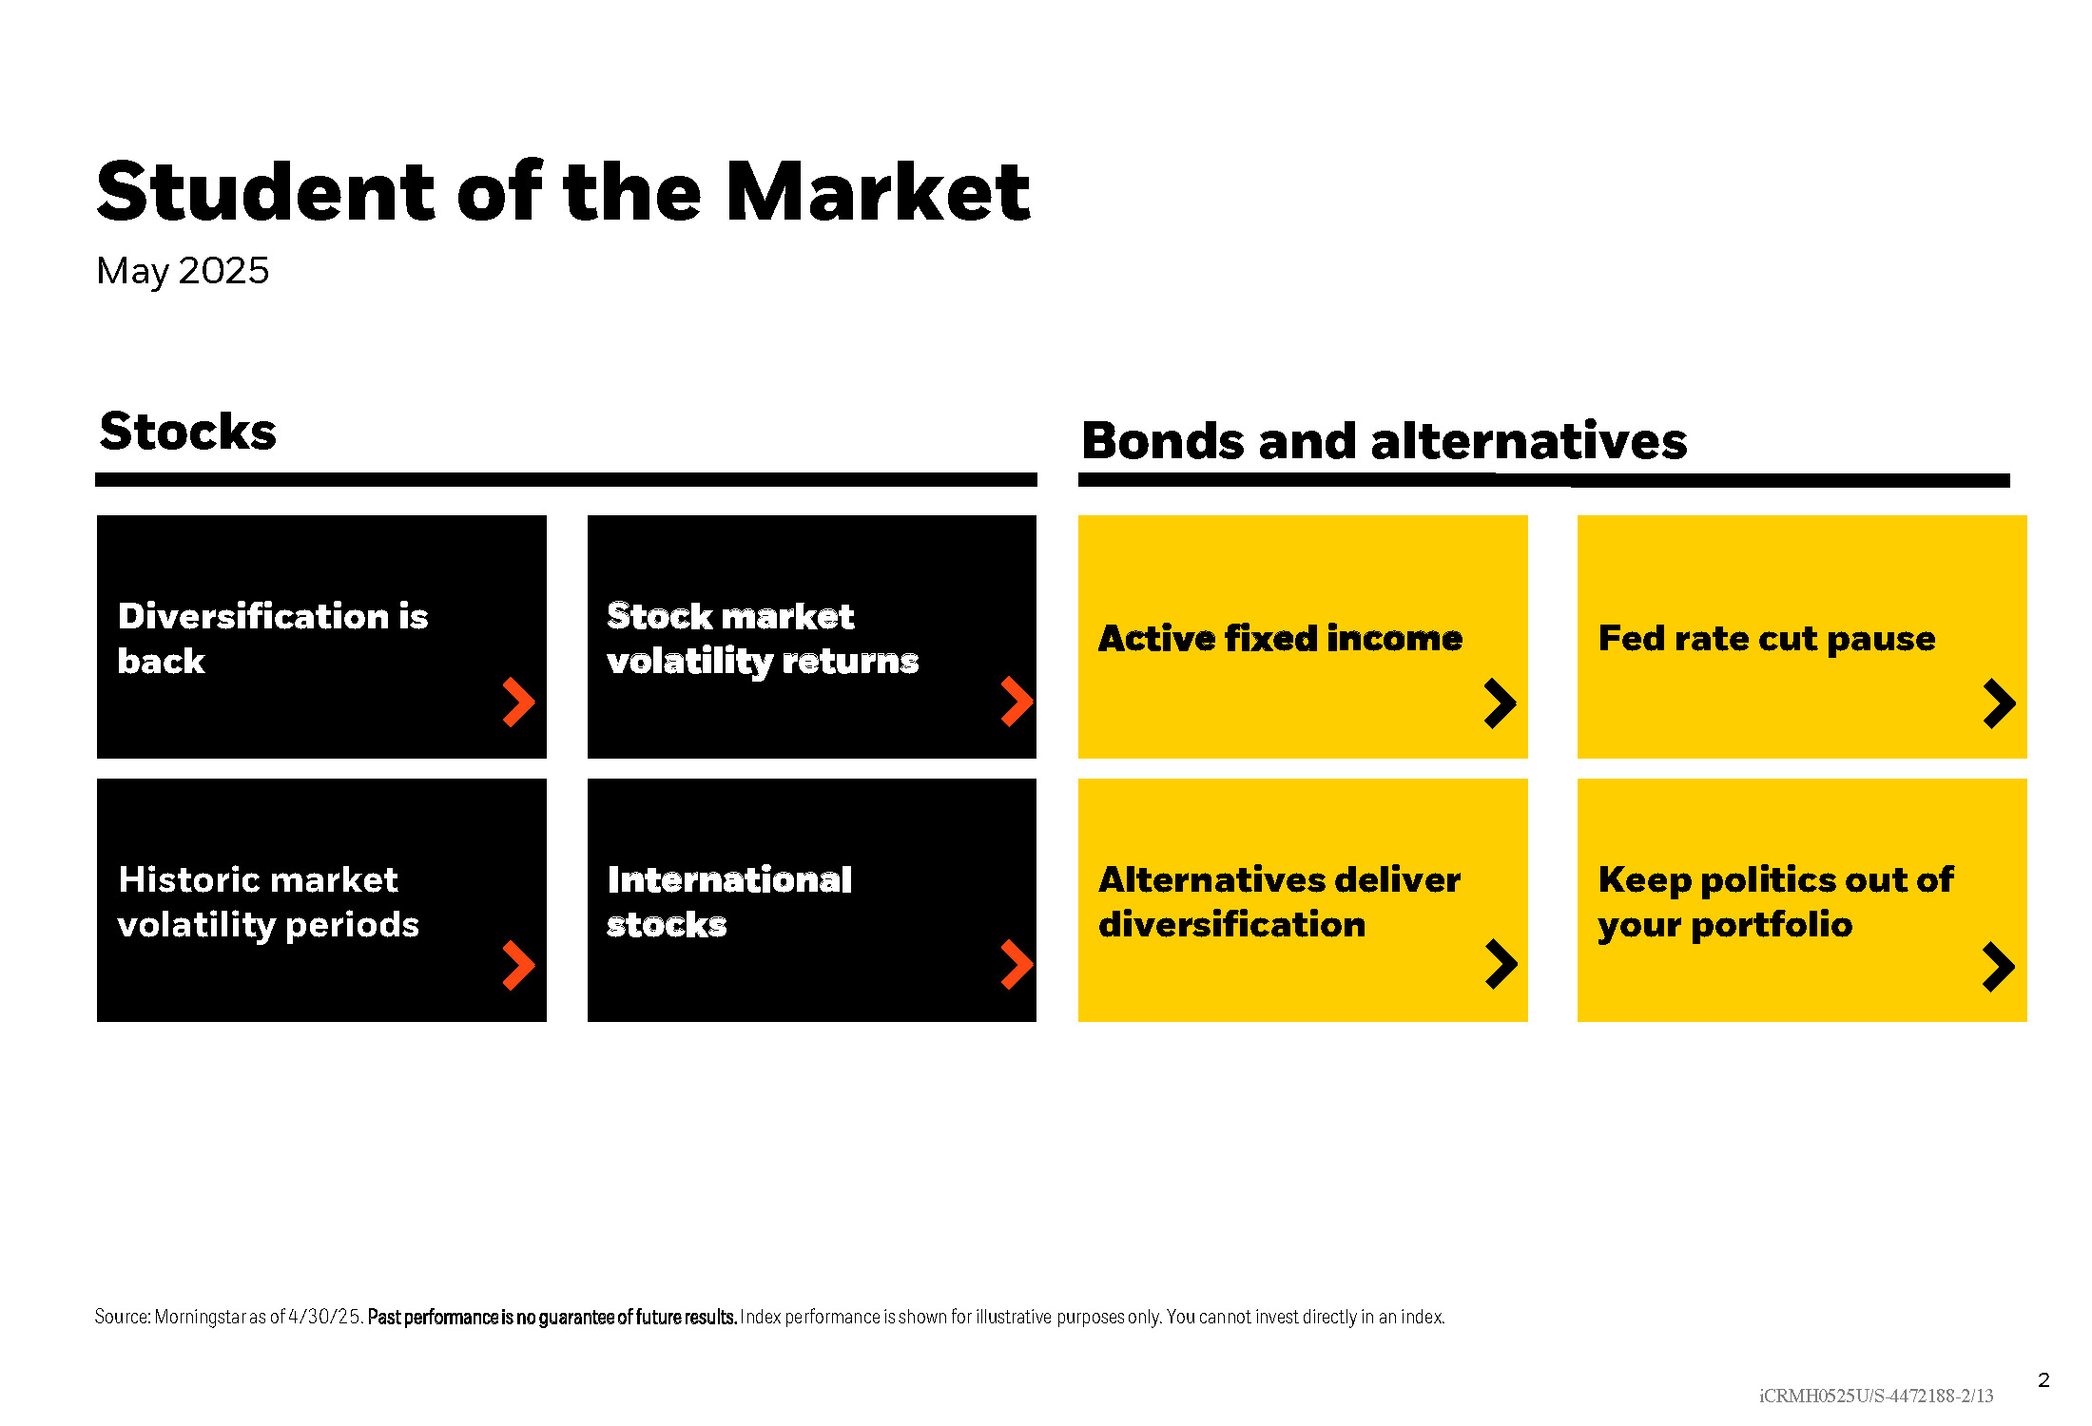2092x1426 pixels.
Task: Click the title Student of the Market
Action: coord(563,192)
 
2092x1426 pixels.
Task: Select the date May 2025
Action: coord(183,272)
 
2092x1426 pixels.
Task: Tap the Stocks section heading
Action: coord(188,432)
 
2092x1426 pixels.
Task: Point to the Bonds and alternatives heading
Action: coord(1385,442)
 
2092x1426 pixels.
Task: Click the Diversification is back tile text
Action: coord(273,638)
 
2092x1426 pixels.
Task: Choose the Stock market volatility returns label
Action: coord(763,639)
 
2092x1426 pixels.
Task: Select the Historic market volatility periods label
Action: coord(268,902)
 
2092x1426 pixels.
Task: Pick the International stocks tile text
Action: coord(729,901)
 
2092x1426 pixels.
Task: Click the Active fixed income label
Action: coord(1280,638)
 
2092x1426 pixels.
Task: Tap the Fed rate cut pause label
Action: coord(1767,638)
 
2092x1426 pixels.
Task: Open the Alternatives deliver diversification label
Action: coord(1280,901)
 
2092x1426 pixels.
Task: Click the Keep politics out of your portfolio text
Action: coord(1775,902)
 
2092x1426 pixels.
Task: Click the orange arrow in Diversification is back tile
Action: coord(520,703)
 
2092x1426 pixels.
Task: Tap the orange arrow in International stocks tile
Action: coord(1018,965)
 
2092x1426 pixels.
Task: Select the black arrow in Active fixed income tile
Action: coord(1501,703)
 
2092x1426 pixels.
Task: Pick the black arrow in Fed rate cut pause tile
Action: coord(2001,703)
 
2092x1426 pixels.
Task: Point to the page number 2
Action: coord(2044,1380)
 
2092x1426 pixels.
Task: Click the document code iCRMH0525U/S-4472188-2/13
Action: coord(1876,1396)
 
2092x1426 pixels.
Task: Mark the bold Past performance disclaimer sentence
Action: coord(552,1317)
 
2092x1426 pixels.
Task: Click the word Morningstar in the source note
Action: coord(201,1318)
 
